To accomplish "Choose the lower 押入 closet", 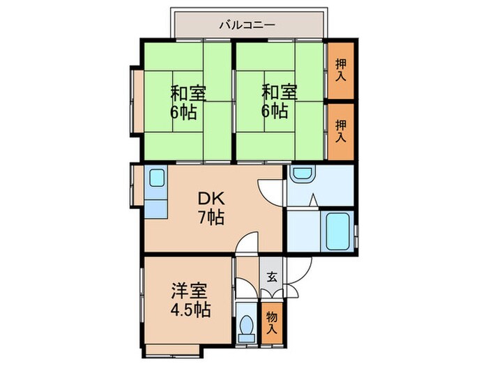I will [341, 131].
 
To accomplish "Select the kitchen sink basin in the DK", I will [155, 179].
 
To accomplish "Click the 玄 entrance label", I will [272, 277].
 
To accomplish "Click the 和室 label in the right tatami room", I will [279, 92].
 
